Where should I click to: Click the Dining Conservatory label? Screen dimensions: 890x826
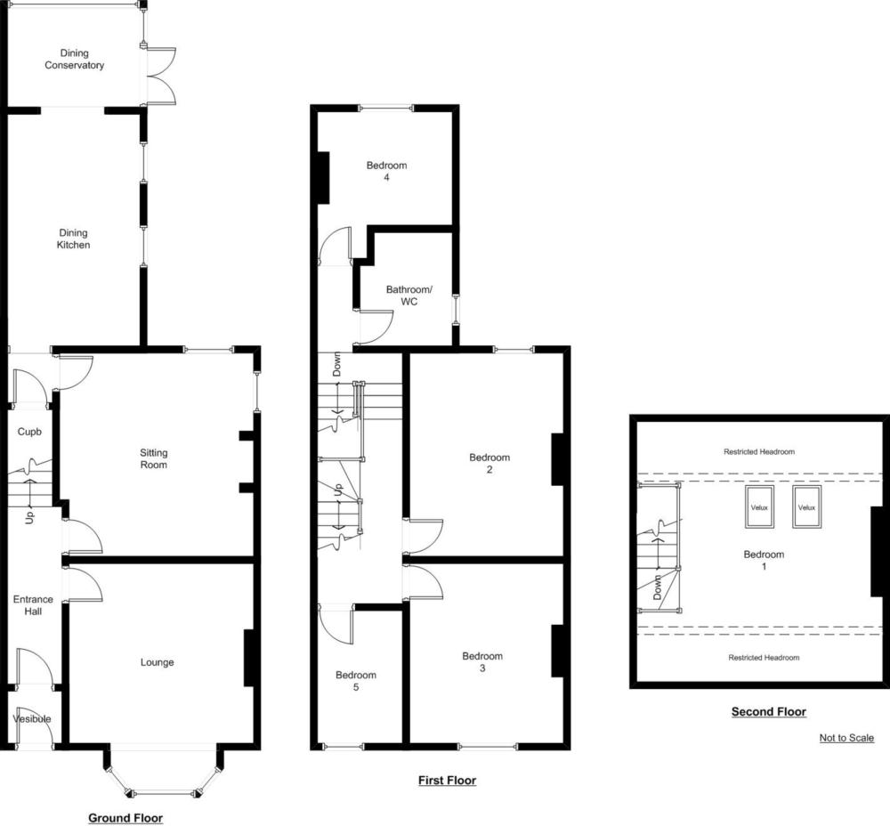point(75,59)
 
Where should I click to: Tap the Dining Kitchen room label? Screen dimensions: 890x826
point(73,239)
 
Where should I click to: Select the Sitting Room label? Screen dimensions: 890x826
point(154,458)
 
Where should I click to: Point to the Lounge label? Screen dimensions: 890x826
point(158,662)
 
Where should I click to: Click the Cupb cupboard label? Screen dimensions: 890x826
point(29,432)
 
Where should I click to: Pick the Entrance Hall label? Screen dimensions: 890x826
point(33,605)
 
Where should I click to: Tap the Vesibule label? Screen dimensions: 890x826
point(32,718)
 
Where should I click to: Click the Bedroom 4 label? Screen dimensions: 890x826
point(386,172)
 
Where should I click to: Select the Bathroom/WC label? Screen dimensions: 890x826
point(409,296)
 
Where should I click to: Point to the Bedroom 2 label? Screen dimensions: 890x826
point(489,463)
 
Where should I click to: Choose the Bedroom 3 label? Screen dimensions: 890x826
point(482,662)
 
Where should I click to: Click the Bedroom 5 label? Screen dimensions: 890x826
point(356,681)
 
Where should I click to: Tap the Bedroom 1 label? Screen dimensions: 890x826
point(764,561)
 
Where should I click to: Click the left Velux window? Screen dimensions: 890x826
point(759,507)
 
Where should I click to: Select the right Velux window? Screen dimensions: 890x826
point(806,507)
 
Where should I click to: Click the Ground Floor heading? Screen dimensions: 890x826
point(125,818)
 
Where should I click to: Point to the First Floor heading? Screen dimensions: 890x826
point(448,781)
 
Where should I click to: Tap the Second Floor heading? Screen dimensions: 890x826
point(769,712)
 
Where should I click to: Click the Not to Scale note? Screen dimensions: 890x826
point(846,738)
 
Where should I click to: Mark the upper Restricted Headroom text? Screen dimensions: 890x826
point(759,452)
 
